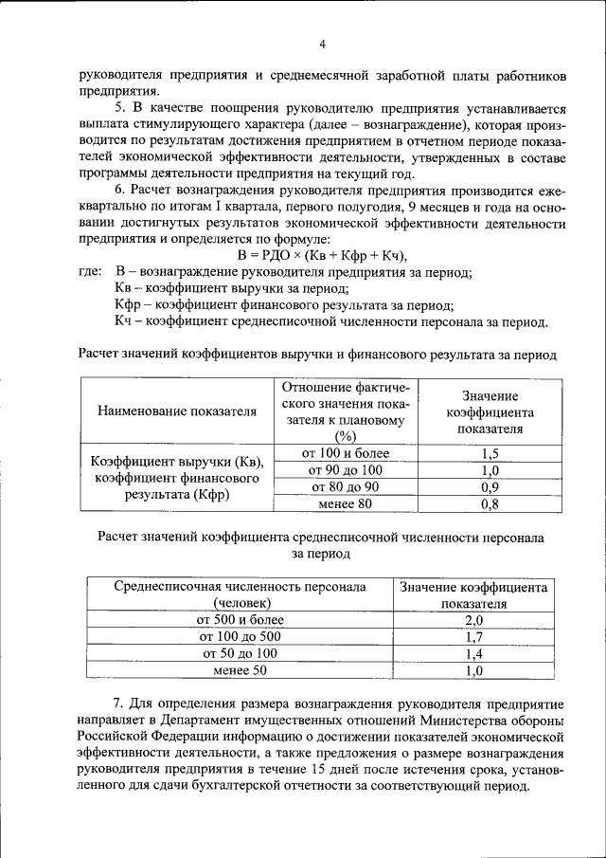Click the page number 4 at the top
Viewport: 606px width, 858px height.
pyautogui.click(x=322, y=44)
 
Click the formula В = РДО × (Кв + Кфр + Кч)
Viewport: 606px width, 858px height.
pyautogui.click(x=322, y=255)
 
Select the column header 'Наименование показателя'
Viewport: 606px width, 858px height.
pyautogui.click(x=177, y=412)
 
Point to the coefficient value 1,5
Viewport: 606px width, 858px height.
pyautogui.click(x=490, y=453)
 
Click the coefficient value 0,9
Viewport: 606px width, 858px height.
pyautogui.click(x=490, y=486)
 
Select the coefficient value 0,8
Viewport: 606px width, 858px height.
pyautogui.click(x=490, y=503)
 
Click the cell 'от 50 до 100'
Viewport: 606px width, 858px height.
pyautogui.click(x=241, y=653)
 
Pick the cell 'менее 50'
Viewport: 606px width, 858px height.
pyautogui.click(x=241, y=670)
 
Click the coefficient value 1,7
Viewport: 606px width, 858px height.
pyautogui.click(x=474, y=636)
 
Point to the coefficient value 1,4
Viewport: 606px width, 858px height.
pyautogui.click(x=474, y=653)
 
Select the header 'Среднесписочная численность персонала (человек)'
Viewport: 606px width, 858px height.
pyautogui.click(x=241, y=594)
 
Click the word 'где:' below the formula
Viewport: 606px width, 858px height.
pyautogui.click(x=90, y=272)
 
